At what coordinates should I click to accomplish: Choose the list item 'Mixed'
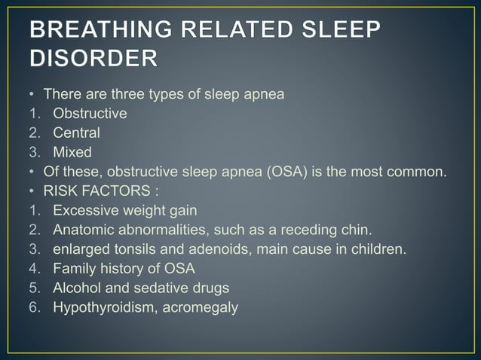pyautogui.click(x=72, y=152)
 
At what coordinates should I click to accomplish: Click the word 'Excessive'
pyautogui.click(x=84, y=210)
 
